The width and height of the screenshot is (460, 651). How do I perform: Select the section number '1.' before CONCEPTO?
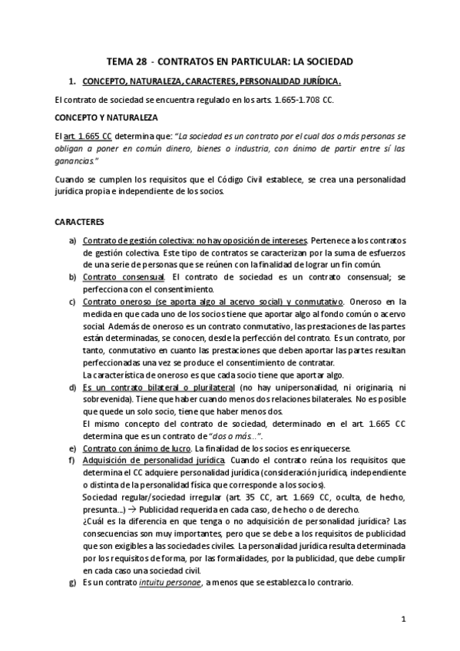(x=73, y=81)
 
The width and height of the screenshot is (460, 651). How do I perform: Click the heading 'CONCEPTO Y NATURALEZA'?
(x=106, y=117)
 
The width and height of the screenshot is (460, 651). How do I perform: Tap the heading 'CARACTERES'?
(x=79, y=221)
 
